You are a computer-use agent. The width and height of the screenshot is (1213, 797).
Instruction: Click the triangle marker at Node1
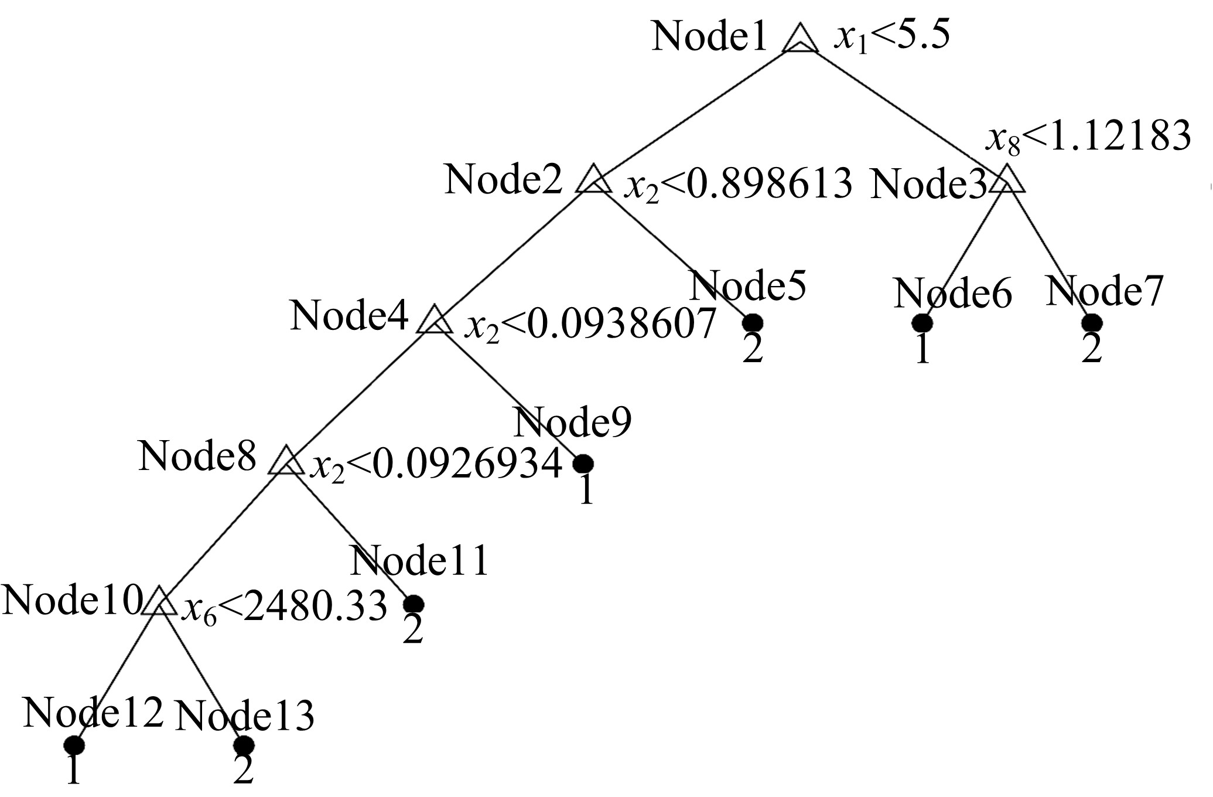pyautogui.click(x=800, y=40)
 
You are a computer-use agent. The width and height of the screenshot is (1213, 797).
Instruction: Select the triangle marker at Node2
pyautogui.click(x=593, y=180)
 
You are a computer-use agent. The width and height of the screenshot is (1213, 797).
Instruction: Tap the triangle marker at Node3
pyautogui.click(x=1007, y=180)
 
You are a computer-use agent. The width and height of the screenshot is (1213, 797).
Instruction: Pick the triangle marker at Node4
pyautogui.click(x=434, y=321)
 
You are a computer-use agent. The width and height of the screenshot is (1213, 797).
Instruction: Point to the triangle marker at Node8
pyautogui.click(x=286, y=462)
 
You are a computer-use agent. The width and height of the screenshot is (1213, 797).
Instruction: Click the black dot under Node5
pyautogui.click(x=753, y=323)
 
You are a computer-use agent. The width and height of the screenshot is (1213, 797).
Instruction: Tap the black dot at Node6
pyautogui.click(x=922, y=323)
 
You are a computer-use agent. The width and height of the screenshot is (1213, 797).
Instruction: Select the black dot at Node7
pyautogui.click(x=1091, y=323)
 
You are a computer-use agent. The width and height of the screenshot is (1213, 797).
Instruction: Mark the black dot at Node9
pyautogui.click(x=583, y=464)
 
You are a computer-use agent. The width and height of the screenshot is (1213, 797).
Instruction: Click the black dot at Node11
pyautogui.click(x=414, y=604)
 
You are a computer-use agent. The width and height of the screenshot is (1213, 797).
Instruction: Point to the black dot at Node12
pyautogui.click(x=74, y=745)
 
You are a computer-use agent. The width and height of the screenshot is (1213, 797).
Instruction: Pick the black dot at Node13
pyautogui.click(x=244, y=745)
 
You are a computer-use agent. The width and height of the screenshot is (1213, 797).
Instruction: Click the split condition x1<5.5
pyautogui.click(x=891, y=37)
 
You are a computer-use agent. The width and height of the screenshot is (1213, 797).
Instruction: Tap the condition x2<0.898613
pyautogui.click(x=738, y=183)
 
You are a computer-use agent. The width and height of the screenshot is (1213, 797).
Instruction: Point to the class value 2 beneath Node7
pyautogui.click(x=1091, y=350)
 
